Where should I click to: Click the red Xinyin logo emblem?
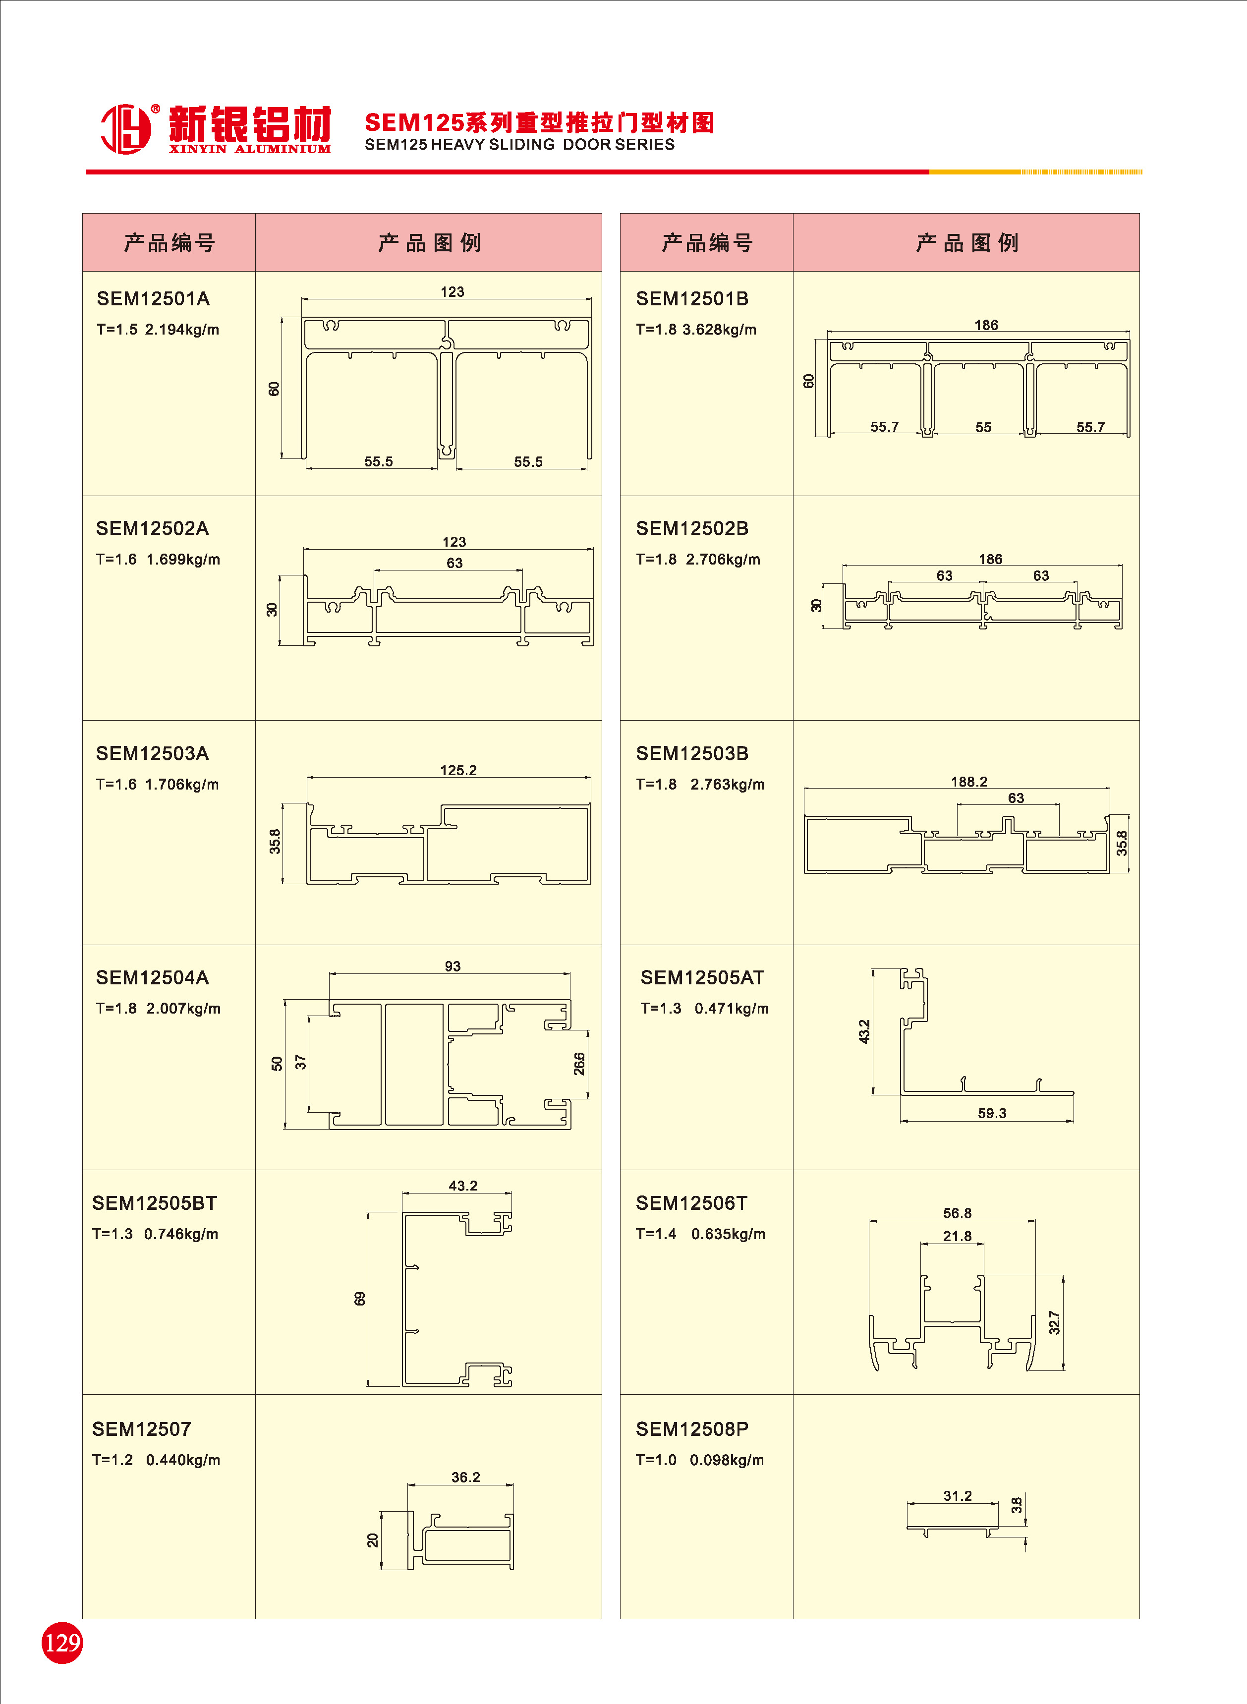pyautogui.click(x=126, y=129)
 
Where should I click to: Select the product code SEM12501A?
pyautogui.click(x=153, y=299)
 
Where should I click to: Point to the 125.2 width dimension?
pyautogui.click(x=458, y=770)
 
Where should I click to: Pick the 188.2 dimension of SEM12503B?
pyautogui.click(x=968, y=782)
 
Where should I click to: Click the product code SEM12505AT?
pyautogui.click(x=702, y=978)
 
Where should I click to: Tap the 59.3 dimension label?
pyautogui.click(x=992, y=1113)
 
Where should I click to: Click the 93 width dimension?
pyautogui.click(x=452, y=966)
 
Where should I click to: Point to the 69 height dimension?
pyautogui.click(x=360, y=1299)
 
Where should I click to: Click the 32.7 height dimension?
pyautogui.click(x=1054, y=1322)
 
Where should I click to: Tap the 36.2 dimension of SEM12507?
pyautogui.click(x=466, y=1477)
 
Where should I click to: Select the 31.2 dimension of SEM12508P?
pyautogui.click(x=957, y=1496)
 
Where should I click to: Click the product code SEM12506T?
pyautogui.click(x=691, y=1204)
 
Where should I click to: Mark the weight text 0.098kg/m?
pyautogui.click(x=726, y=1460)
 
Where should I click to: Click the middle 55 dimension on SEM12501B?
pyautogui.click(x=983, y=427)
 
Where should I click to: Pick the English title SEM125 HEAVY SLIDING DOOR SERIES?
pyautogui.click(x=519, y=145)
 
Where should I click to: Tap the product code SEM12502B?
pyautogui.click(x=692, y=528)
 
